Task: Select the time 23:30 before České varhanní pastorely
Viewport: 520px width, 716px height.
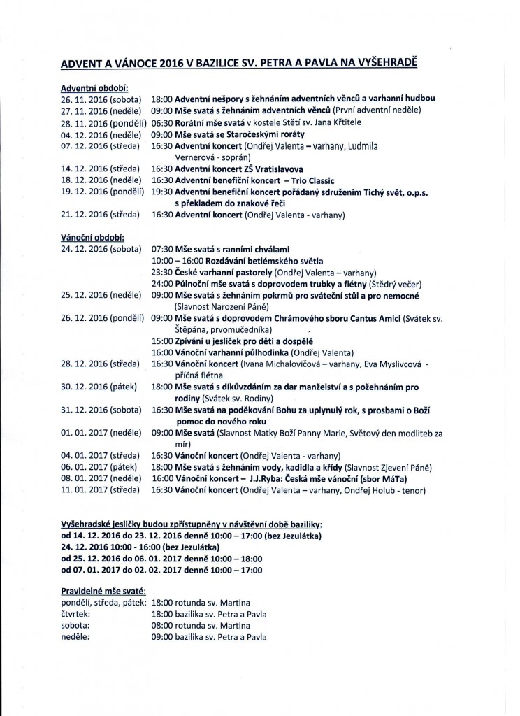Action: [162, 273]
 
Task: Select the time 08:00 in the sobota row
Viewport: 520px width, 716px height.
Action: [162, 625]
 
